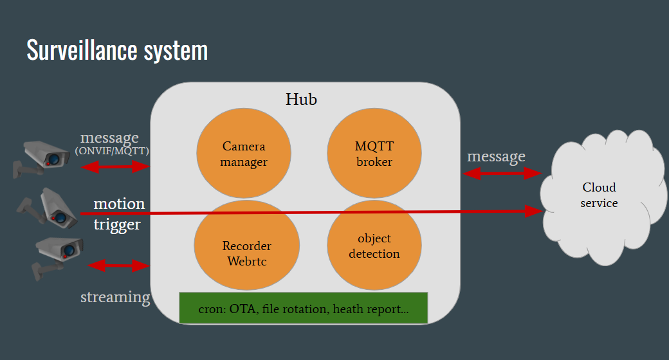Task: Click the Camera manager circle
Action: [244, 154]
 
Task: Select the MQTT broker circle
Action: [374, 154]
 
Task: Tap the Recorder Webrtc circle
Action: [247, 253]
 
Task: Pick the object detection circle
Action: [374, 246]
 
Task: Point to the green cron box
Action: [303, 308]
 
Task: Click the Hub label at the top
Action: [301, 100]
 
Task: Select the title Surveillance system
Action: [117, 50]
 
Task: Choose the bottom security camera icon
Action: [57, 255]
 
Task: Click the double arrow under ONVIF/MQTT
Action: [116, 167]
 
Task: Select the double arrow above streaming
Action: [118, 265]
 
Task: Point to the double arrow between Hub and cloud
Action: [502, 173]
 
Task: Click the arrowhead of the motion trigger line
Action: [535, 211]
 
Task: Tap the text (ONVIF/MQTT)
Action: [112, 151]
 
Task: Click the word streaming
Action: [115, 297]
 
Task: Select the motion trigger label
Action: [119, 214]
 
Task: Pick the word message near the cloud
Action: [496, 156]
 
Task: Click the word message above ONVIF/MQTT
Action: [109, 138]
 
